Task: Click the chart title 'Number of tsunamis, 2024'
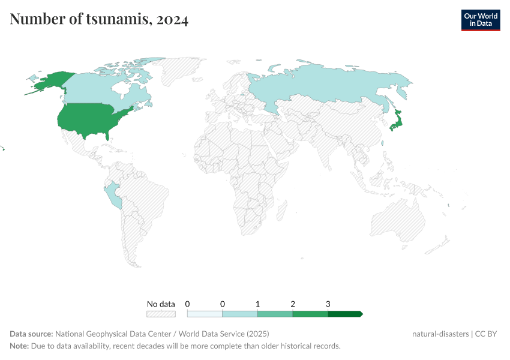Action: [99, 20]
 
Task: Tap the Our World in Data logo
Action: [480, 20]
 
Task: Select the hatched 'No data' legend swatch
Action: [161, 314]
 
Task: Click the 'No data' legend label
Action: [161, 304]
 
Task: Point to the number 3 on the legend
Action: [328, 304]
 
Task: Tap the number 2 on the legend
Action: [293, 304]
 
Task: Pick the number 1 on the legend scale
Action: [257, 304]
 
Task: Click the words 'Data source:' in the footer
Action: [31, 334]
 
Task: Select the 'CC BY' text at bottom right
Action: [487, 334]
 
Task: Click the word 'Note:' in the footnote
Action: [19, 346]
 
